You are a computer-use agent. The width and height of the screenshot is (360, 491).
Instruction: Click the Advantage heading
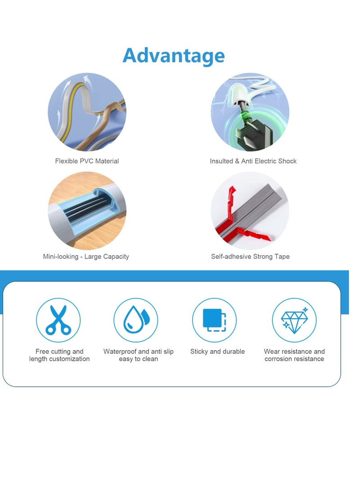pos(174,55)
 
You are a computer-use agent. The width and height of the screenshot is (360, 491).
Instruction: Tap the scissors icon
pos(58,320)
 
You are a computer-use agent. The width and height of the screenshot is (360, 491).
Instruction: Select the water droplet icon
pos(135,320)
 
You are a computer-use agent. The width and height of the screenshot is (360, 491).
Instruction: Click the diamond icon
pos(294,320)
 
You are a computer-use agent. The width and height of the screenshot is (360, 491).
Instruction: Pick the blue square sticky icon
pos(214,320)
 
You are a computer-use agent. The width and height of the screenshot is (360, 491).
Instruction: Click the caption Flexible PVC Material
pos(87,161)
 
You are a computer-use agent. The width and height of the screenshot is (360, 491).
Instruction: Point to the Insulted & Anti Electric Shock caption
pos(253,161)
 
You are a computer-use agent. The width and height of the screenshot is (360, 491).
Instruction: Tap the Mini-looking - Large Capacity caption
pos(86,257)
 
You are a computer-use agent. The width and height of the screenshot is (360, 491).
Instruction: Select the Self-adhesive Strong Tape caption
pos(250,257)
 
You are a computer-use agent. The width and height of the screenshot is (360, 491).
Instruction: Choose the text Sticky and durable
pos(217,351)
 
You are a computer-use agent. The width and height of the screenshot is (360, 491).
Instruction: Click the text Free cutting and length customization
pos(59,355)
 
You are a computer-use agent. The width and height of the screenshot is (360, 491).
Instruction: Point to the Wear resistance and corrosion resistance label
pos(294,355)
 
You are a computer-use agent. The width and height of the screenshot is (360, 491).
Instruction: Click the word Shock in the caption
pos(287,161)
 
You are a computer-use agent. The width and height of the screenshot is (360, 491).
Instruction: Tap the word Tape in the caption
pos(282,257)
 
